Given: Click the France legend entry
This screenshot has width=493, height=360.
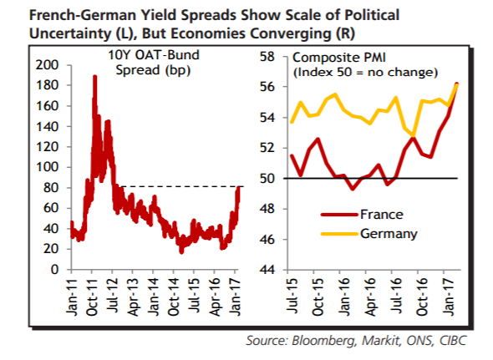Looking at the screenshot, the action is click(x=362, y=215).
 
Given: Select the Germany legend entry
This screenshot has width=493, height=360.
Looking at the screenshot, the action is click(x=368, y=234).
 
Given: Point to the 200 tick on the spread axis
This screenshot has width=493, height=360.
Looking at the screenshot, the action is click(x=47, y=65).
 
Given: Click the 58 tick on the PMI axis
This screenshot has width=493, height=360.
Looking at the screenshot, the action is click(x=267, y=58).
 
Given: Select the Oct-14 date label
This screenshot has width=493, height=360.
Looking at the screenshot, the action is click(x=174, y=297).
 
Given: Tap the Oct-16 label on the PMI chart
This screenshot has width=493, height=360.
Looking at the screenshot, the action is click(x=422, y=297).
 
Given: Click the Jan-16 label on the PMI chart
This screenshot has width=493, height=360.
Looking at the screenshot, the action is click(x=344, y=297).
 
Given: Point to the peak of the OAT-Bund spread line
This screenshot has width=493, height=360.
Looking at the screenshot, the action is click(x=94, y=76).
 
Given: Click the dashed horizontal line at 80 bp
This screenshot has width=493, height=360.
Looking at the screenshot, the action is click(x=182, y=186).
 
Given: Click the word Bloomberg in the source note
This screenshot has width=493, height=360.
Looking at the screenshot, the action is click(x=323, y=341).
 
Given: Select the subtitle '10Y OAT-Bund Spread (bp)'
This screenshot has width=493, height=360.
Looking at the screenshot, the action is click(x=154, y=63).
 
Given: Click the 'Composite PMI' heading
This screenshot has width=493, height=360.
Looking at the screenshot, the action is click(x=339, y=58).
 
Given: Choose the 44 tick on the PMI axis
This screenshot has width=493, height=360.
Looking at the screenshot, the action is click(x=267, y=270).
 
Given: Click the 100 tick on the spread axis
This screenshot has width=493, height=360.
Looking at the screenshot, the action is click(x=47, y=167).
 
